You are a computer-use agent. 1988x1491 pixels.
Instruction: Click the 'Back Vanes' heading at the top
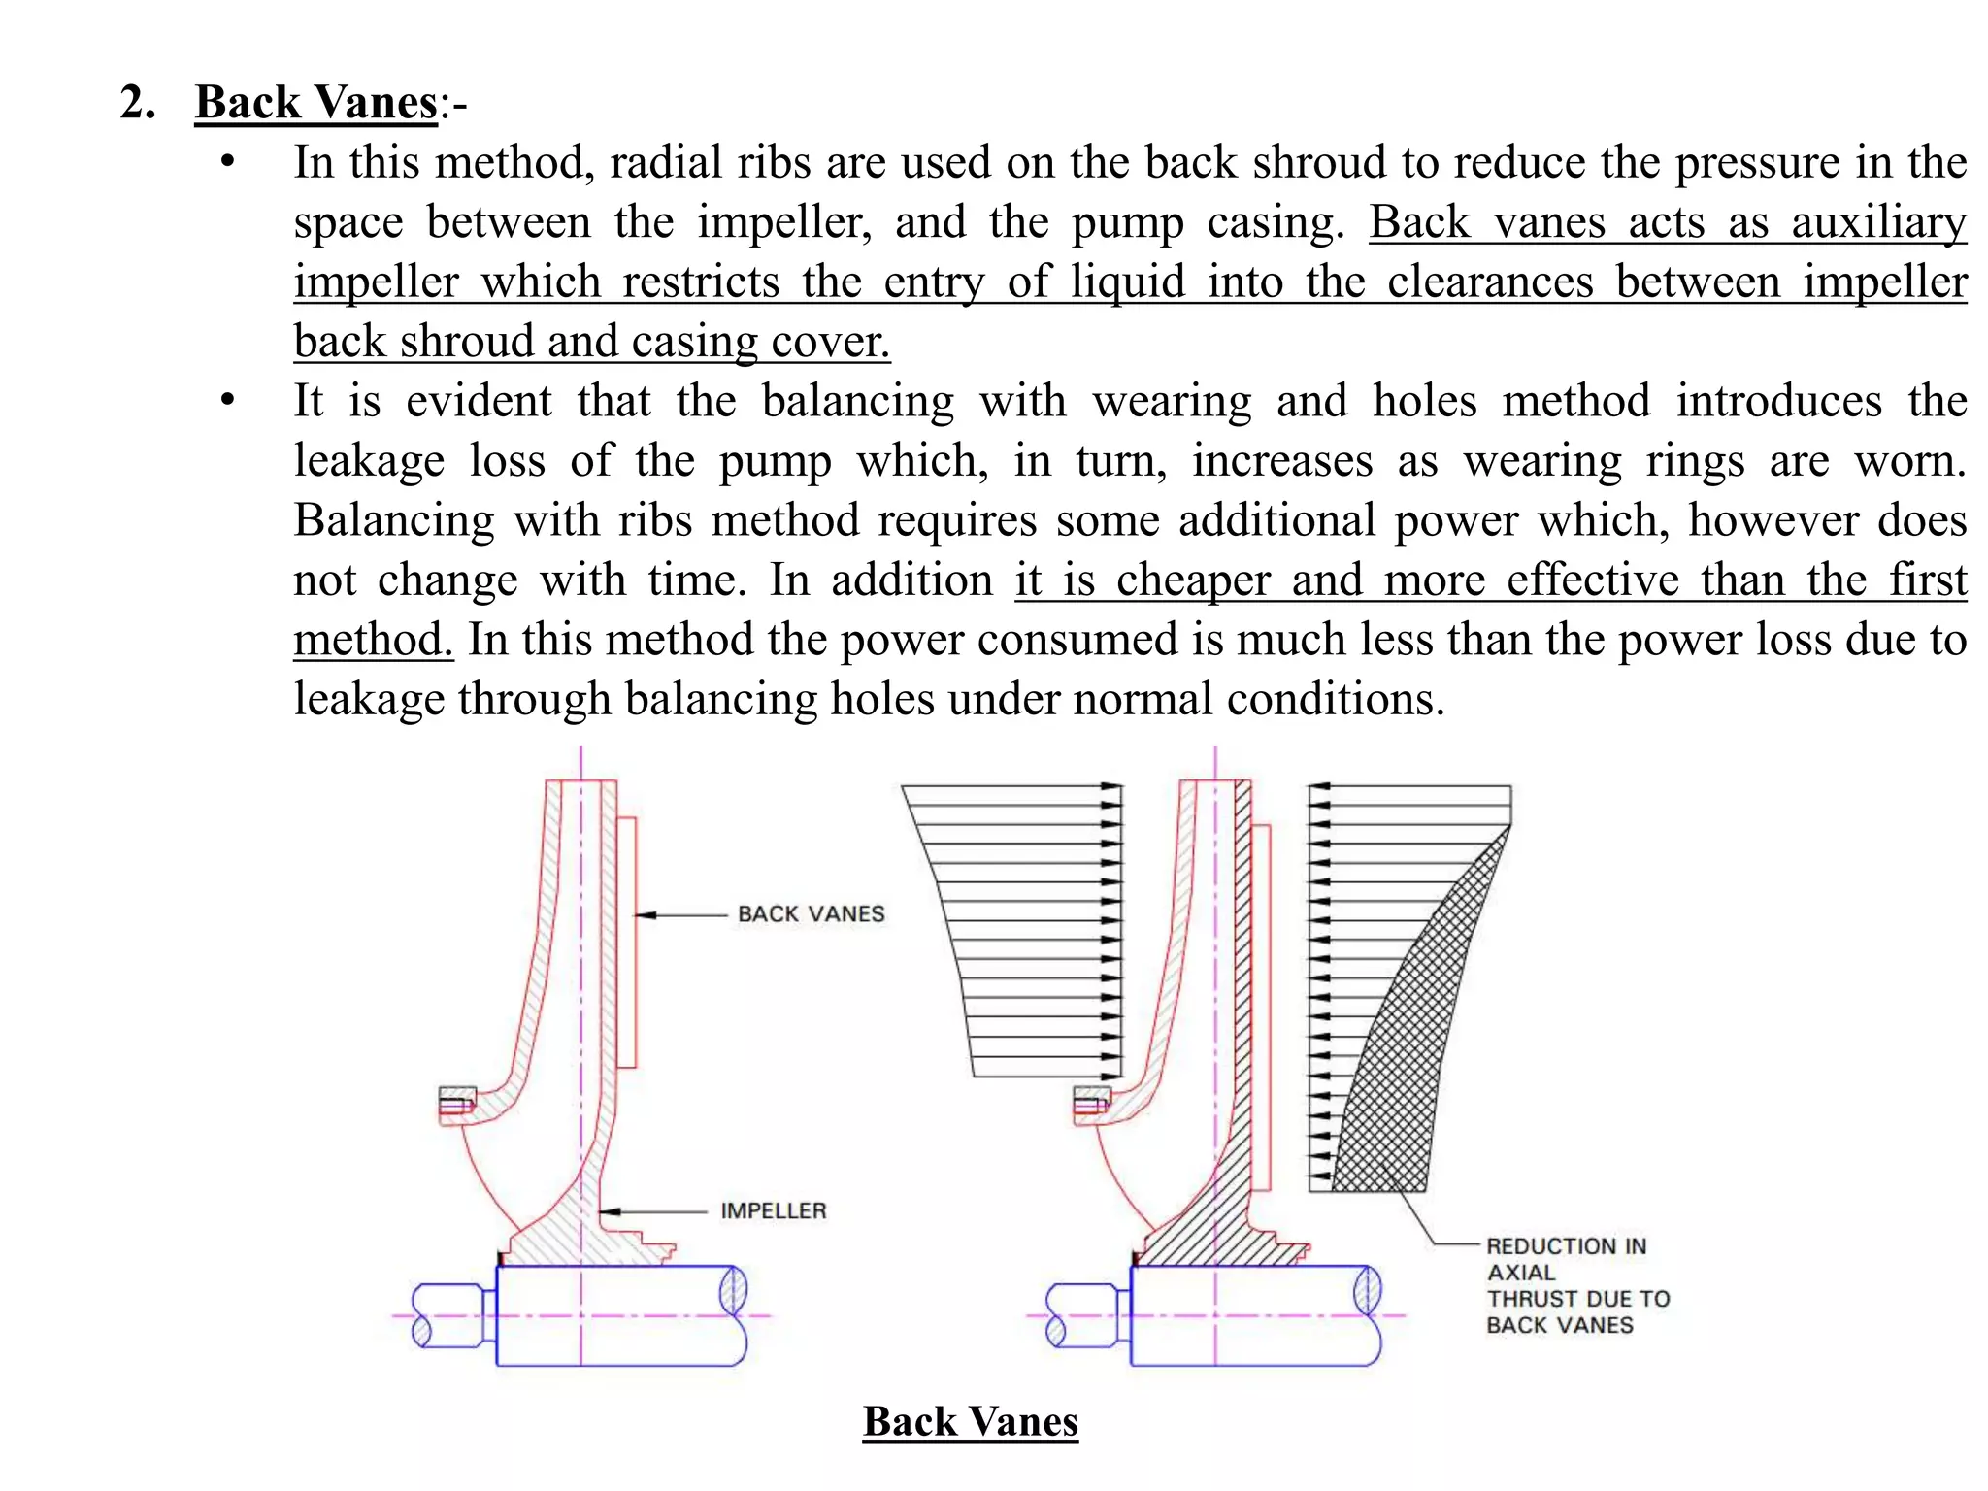(316, 103)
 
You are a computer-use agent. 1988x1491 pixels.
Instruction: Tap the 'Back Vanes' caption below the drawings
(970, 1422)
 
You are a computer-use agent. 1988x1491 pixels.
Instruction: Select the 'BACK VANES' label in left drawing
(811, 914)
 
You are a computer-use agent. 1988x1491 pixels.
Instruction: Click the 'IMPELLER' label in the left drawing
(773, 1211)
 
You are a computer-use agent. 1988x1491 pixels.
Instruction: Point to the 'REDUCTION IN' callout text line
(1566, 1246)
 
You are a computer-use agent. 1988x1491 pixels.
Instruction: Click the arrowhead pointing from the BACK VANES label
(645, 915)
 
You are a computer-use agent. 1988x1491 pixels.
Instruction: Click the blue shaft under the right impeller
(1252, 1316)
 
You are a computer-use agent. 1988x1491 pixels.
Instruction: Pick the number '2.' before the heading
(138, 103)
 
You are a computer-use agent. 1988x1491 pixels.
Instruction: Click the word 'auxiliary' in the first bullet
(1878, 222)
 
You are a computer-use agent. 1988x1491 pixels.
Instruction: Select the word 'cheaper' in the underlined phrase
(1193, 580)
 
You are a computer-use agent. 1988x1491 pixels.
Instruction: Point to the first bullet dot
(227, 162)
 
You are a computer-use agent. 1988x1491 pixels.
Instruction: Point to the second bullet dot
(227, 400)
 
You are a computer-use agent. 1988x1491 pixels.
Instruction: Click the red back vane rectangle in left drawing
(626, 942)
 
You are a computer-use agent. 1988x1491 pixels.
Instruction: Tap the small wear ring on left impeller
(456, 1104)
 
